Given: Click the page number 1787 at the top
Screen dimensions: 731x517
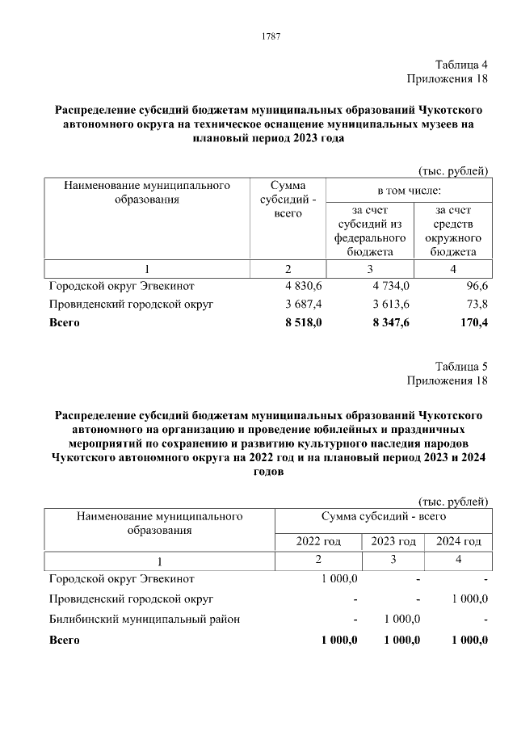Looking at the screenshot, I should [271, 37].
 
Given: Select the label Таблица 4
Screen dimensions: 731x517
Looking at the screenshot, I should [461, 65].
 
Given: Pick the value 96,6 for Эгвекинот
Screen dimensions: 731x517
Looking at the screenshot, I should [475, 286].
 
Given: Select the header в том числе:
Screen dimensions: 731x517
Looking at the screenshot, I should [409, 191].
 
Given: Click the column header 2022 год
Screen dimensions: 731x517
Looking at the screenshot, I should [319, 541].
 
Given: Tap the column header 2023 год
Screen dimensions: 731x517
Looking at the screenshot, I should [393, 541].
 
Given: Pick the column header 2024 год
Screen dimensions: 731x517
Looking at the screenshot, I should [458, 541].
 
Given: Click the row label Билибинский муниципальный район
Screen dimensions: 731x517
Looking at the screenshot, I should [145, 620].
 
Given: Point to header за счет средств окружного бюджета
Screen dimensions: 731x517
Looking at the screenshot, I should [452, 230].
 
